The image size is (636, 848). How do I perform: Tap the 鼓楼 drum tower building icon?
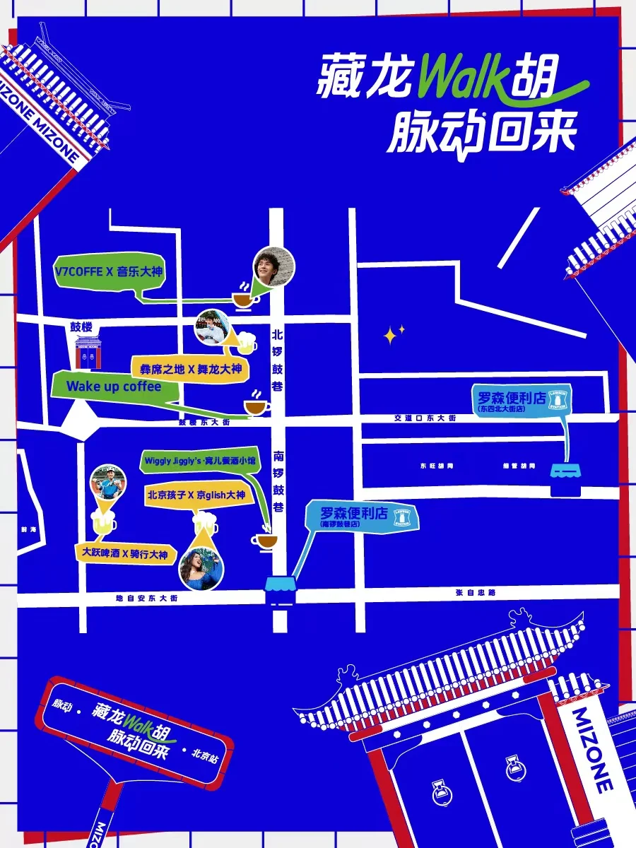point(88,352)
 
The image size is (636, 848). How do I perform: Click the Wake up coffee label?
point(113,387)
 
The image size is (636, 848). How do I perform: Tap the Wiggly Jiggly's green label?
point(200,460)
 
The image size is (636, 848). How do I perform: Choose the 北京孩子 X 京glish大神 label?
point(196,495)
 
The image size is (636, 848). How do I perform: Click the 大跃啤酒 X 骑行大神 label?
point(125,554)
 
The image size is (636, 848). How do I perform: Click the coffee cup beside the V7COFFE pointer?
point(244,299)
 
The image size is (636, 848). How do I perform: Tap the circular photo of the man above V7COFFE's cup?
point(273,267)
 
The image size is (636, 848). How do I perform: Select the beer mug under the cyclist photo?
point(105,524)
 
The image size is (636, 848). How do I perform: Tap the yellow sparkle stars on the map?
point(394,334)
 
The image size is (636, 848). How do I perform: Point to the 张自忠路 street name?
point(476,593)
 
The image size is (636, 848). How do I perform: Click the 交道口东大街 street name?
point(424,418)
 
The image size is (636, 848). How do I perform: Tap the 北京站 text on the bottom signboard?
point(205,754)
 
